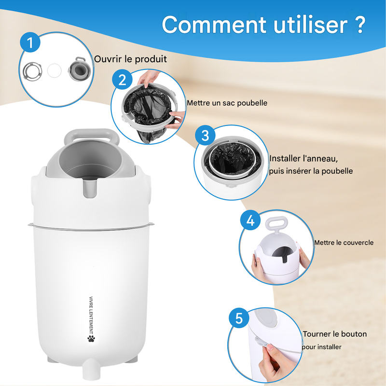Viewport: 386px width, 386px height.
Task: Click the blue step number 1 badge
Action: coord(30,42)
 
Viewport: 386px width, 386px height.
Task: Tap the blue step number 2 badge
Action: coord(122,80)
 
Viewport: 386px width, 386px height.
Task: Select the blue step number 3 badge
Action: coord(205,135)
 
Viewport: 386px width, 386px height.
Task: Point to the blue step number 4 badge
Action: coord(250,220)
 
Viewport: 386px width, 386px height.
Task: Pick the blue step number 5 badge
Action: coord(239,318)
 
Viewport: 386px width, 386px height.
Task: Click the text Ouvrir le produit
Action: coord(130,59)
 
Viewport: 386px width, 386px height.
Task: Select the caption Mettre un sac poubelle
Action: coord(227,103)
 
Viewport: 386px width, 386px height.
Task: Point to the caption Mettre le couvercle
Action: coord(344,243)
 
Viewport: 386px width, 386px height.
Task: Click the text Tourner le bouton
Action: coord(335,334)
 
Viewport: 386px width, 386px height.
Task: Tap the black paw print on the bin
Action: coord(91,338)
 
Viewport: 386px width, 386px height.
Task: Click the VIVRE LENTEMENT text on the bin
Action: coord(91,315)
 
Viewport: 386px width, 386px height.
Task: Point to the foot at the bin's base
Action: coord(91,369)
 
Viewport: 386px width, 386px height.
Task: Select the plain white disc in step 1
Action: coord(54,70)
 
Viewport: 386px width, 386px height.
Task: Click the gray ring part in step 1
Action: coord(32,71)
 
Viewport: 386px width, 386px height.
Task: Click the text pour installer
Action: coord(321,347)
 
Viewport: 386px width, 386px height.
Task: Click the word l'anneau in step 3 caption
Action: coord(320,159)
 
